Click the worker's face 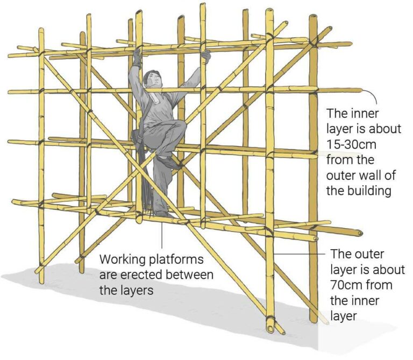(152, 80)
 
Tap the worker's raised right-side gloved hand (205, 56)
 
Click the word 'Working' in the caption (125, 260)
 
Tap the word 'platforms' (178, 260)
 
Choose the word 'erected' (141, 275)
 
